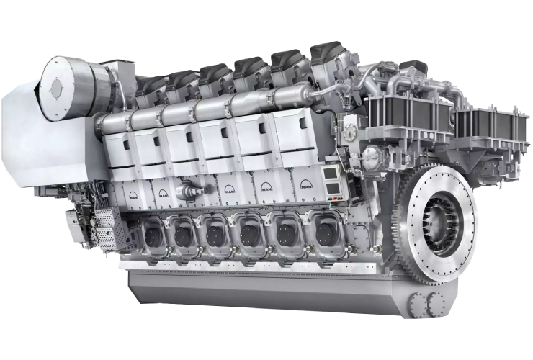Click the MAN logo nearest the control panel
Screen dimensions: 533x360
[307, 185]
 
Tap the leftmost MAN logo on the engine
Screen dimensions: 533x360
[134, 195]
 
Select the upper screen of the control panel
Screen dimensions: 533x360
[329, 174]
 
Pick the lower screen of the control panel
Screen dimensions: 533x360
[333, 188]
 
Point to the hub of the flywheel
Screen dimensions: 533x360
[442, 222]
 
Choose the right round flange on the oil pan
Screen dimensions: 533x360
[436, 304]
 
